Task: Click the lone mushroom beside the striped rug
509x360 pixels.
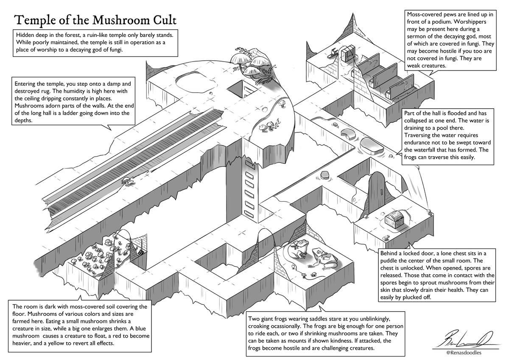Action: pos(127,181)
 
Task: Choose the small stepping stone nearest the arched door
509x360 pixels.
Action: pos(324,175)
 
